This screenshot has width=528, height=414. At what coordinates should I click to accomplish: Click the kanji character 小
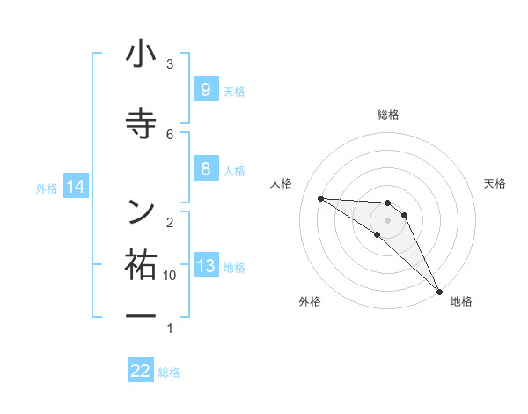[141, 55]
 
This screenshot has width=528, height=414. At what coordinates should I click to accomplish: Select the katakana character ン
[141, 210]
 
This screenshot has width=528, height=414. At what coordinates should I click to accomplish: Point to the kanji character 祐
[141, 264]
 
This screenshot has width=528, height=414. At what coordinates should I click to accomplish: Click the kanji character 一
[141, 315]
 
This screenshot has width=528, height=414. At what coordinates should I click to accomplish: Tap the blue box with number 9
[205, 89]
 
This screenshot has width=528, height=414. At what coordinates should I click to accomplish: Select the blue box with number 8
[205, 169]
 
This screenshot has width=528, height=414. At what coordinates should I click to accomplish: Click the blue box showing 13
[205, 266]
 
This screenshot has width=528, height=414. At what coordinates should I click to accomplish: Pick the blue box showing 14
[76, 187]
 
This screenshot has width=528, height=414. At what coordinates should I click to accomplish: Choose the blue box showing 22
[141, 371]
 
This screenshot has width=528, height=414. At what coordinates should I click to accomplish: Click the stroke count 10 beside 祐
[170, 276]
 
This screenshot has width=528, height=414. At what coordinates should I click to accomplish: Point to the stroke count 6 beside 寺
[170, 134]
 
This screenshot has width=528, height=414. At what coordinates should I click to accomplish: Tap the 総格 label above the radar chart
[388, 115]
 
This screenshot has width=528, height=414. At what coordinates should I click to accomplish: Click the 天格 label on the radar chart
[495, 183]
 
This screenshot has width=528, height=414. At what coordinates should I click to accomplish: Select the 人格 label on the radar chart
[282, 183]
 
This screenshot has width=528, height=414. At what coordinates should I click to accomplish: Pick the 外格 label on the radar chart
[309, 301]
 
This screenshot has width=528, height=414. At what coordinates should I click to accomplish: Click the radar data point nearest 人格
[320, 198]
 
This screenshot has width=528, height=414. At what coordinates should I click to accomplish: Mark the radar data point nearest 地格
[439, 290]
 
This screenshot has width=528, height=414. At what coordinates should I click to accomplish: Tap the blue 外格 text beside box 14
[47, 188]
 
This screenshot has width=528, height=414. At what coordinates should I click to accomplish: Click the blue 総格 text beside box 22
[169, 373]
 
